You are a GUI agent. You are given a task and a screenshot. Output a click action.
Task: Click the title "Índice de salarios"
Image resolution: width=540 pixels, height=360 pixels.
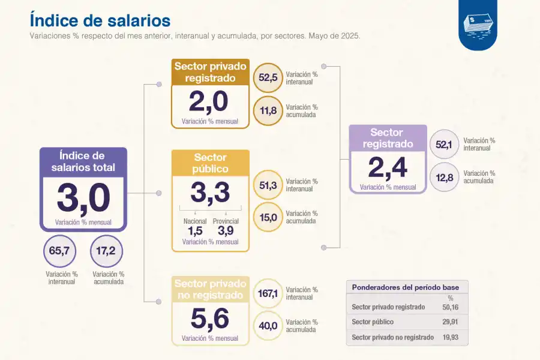(100, 20)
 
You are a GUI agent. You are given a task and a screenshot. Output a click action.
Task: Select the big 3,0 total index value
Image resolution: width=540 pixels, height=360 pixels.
(83, 199)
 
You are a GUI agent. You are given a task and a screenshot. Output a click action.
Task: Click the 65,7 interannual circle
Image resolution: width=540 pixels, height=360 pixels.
(59, 251)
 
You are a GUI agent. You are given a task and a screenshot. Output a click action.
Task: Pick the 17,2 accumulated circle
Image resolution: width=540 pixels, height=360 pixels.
(106, 251)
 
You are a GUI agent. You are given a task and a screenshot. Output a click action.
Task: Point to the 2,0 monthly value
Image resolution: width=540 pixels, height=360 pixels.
(209, 102)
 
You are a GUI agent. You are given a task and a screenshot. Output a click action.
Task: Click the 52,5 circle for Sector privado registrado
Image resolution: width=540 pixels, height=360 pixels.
(268, 78)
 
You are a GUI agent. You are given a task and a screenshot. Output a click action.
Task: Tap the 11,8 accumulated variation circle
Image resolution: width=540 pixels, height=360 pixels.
(268, 110)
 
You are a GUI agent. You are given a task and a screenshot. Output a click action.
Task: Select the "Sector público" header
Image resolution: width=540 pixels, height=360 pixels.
(210, 163)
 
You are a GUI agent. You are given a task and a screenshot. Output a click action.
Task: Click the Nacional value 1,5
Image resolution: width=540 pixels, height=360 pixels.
(195, 231)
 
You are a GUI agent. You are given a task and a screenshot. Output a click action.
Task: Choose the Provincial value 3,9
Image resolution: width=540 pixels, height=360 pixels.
(226, 231)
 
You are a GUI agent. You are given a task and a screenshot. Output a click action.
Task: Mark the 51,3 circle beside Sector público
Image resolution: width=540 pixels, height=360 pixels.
(268, 185)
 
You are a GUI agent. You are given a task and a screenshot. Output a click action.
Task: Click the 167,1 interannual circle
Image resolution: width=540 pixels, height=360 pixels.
(268, 294)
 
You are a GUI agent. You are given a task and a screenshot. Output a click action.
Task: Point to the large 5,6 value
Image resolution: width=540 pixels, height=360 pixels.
(209, 319)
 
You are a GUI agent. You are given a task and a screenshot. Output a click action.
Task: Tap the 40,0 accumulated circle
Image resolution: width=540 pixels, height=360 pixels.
(268, 326)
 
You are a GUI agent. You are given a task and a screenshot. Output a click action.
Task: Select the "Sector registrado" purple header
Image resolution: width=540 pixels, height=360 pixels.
(388, 138)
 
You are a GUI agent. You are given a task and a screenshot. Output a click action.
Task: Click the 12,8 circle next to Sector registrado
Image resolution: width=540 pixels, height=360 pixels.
(445, 177)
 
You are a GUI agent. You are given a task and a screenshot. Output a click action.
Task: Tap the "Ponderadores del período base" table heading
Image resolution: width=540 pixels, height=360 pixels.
(405, 287)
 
